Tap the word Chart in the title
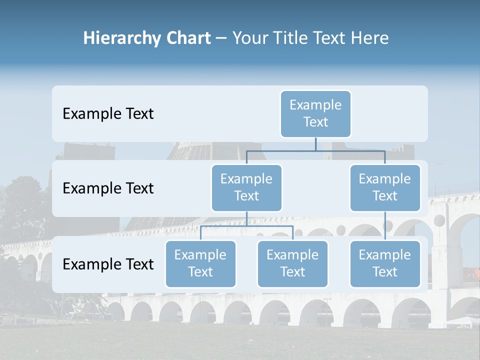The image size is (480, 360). pyautogui.click(x=185, y=38)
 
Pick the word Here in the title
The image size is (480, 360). pyautogui.click(x=368, y=38)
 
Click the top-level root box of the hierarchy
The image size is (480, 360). pyautogui.click(x=315, y=113)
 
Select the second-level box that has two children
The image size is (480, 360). pyautogui.click(x=246, y=187)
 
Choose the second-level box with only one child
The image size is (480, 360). pyautogui.click(x=385, y=187)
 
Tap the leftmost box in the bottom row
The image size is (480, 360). pyautogui.click(x=200, y=263)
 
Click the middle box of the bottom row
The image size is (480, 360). pyautogui.click(x=292, y=263)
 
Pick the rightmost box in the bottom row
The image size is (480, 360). pyautogui.click(x=385, y=263)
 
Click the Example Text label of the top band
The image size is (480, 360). pyautogui.click(x=108, y=114)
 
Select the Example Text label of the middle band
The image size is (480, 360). pyautogui.click(x=108, y=188)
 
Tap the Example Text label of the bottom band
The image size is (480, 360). pyautogui.click(x=108, y=264)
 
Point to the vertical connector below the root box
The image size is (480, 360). pyautogui.click(x=315, y=144)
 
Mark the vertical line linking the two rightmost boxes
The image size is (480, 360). pyautogui.click(x=385, y=225)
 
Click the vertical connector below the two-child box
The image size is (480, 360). pyautogui.click(x=246, y=218)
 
